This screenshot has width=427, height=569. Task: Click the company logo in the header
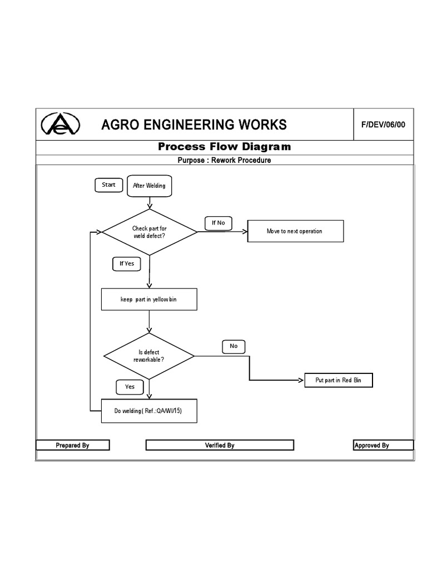pos(61,124)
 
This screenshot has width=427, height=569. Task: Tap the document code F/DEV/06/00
pos(383,124)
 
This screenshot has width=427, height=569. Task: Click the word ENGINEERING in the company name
pos(194,124)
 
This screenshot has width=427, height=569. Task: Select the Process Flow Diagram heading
pos(224,147)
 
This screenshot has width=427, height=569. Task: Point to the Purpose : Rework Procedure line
pos(224,160)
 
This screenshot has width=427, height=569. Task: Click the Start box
pos(108,185)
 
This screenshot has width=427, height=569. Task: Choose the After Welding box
pos(149,186)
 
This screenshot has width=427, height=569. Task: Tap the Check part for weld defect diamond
pos(149,232)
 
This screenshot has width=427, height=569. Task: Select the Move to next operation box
pos(295,231)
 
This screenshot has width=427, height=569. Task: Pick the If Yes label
pos(127,263)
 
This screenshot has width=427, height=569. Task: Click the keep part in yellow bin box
pos(149,299)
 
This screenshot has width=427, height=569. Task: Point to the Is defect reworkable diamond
pos(149,356)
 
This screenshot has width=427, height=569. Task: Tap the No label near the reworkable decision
pos(234,346)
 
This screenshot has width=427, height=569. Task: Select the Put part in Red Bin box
pos(339,380)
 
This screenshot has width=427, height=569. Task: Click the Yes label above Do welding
pos(130,387)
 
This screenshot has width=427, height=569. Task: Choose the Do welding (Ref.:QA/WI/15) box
pos(149,411)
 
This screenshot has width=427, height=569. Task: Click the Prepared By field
pos(73,445)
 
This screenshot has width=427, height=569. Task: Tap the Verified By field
pos(220,445)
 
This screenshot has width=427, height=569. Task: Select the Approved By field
pos(383,445)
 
